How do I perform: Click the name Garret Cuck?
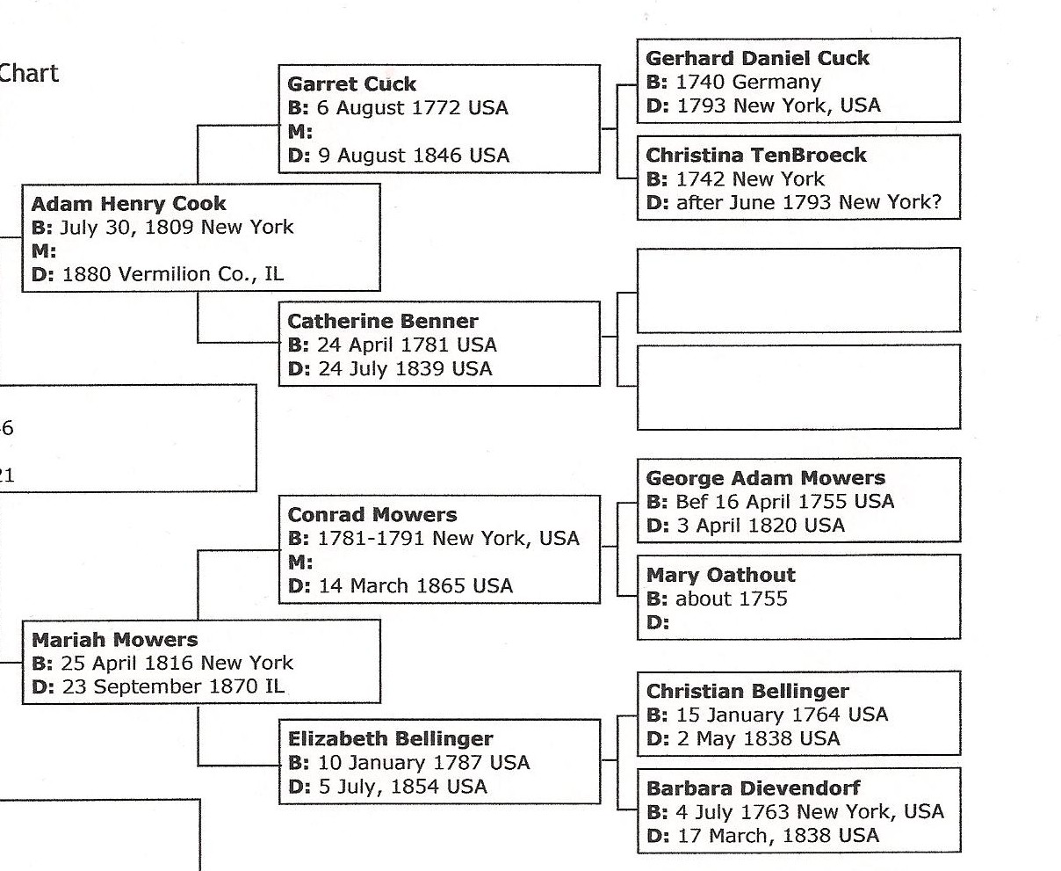click(x=351, y=84)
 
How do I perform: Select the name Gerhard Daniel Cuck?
click(x=757, y=59)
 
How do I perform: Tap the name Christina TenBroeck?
click(x=755, y=156)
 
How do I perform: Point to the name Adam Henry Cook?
click(x=128, y=204)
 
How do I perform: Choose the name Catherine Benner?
click(x=383, y=322)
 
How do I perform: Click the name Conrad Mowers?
click(x=372, y=515)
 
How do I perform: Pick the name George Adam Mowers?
click(x=765, y=479)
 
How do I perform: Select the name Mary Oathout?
click(x=720, y=576)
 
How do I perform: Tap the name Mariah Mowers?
click(x=114, y=640)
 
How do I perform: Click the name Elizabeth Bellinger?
click(x=390, y=739)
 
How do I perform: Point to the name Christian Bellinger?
click(x=747, y=692)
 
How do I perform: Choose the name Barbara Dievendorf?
click(x=753, y=788)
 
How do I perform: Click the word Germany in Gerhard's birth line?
click(x=776, y=83)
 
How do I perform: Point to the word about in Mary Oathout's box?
click(x=704, y=599)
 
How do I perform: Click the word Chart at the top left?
click(x=28, y=73)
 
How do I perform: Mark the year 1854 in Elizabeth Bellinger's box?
click(x=415, y=787)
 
